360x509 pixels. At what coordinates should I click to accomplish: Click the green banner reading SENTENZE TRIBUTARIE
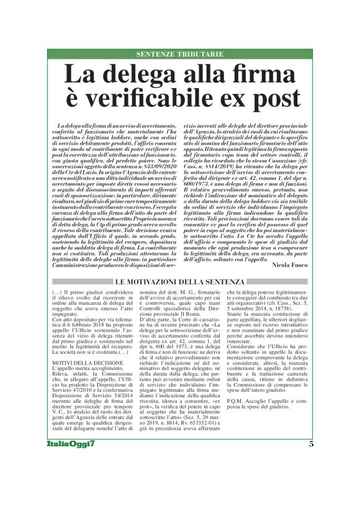[180, 54]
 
